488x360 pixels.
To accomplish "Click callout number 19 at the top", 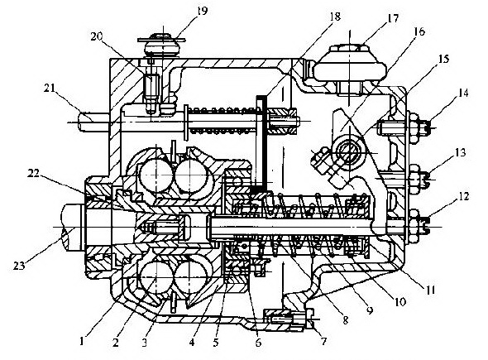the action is pyautogui.click(x=202, y=12).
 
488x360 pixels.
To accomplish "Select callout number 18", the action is pyautogui.click(x=334, y=17).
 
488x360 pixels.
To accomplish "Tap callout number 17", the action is pyautogui.click(x=392, y=18).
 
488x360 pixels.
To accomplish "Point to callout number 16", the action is pyautogui.click(x=419, y=31).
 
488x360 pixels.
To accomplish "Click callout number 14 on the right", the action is pyautogui.click(x=463, y=93).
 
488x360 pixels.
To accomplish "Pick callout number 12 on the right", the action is pyautogui.click(x=463, y=196).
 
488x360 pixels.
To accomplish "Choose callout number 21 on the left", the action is pyautogui.click(x=49, y=88).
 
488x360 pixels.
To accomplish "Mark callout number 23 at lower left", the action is pyautogui.click(x=19, y=266).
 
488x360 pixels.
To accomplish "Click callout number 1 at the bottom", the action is pyautogui.click(x=82, y=342).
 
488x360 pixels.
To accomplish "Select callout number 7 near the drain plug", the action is pyautogui.click(x=323, y=341).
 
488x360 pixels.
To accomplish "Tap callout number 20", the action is pyautogui.click(x=97, y=36).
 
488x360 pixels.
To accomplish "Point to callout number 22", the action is pyautogui.click(x=34, y=173).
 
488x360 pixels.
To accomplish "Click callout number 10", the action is pyautogui.click(x=400, y=301).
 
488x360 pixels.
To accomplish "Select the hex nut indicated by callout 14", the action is pyautogui.click(x=414, y=128).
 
